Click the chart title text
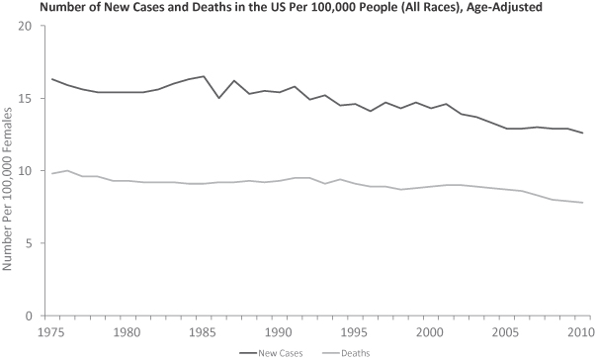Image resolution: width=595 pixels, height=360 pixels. pyautogui.click(x=291, y=7)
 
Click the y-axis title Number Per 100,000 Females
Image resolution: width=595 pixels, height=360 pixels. pyautogui.click(x=7, y=188)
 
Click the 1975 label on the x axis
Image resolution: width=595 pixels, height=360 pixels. pyautogui.click(x=50, y=332)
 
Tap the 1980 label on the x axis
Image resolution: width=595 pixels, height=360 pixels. pyautogui.click(x=127, y=332)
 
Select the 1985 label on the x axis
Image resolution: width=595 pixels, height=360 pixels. pyautogui.click(x=204, y=332)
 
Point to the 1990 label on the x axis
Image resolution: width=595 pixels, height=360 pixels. pyautogui.click(x=280, y=332)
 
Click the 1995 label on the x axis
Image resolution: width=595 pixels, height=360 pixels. pyautogui.click(x=356, y=332)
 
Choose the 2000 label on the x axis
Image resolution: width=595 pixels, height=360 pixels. pyautogui.click(x=431, y=332)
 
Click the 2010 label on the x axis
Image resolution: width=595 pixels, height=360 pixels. pyautogui.click(x=581, y=332)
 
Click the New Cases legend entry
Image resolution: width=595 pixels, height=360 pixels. pyautogui.click(x=271, y=353)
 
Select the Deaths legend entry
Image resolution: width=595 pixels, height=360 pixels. pyautogui.click(x=346, y=353)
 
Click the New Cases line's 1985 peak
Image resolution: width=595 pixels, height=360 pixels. pyautogui.click(x=204, y=76)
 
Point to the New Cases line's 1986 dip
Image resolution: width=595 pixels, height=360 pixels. pyautogui.click(x=219, y=98)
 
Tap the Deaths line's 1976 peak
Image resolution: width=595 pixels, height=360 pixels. pyautogui.click(x=67, y=170)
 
